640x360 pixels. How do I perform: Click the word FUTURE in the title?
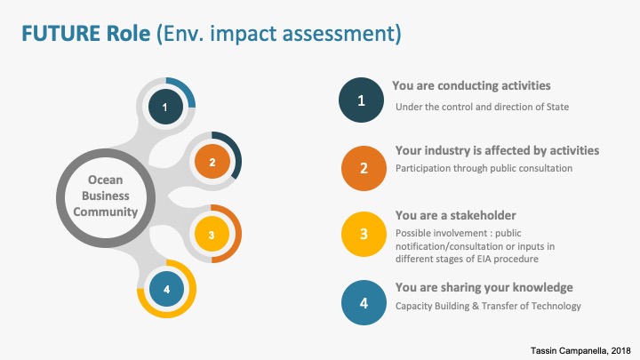click(60, 34)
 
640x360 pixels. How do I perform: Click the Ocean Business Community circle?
click(106, 198)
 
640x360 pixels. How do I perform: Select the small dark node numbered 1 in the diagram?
click(165, 107)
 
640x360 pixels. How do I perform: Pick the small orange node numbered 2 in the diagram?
click(212, 162)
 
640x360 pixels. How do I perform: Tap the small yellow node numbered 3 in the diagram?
click(212, 235)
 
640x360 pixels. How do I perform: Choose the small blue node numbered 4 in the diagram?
click(166, 289)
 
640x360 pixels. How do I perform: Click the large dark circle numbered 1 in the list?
click(361, 100)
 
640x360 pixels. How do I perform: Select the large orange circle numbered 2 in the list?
click(364, 168)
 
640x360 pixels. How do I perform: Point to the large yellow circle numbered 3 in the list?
click(364, 234)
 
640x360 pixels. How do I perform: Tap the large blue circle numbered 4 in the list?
click(364, 302)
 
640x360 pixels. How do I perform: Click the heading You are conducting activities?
click(471, 85)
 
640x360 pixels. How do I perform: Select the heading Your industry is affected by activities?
click(497, 150)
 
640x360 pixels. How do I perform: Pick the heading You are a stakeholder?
click(455, 215)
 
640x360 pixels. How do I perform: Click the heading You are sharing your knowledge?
click(484, 287)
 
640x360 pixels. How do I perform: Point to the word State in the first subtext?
click(557, 107)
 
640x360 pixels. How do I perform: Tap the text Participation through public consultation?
click(484, 168)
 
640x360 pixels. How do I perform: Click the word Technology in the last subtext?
click(556, 306)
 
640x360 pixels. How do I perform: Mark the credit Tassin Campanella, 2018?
click(580, 350)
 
